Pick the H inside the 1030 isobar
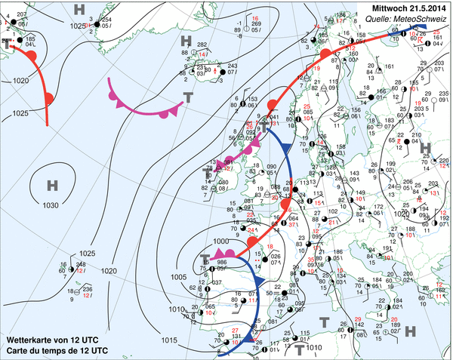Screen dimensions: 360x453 point(51,186)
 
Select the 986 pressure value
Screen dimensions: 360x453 point(222,262)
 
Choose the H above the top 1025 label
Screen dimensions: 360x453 point(79,9)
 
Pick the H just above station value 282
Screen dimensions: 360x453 point(186,41)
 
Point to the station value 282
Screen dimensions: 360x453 point(202,45)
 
